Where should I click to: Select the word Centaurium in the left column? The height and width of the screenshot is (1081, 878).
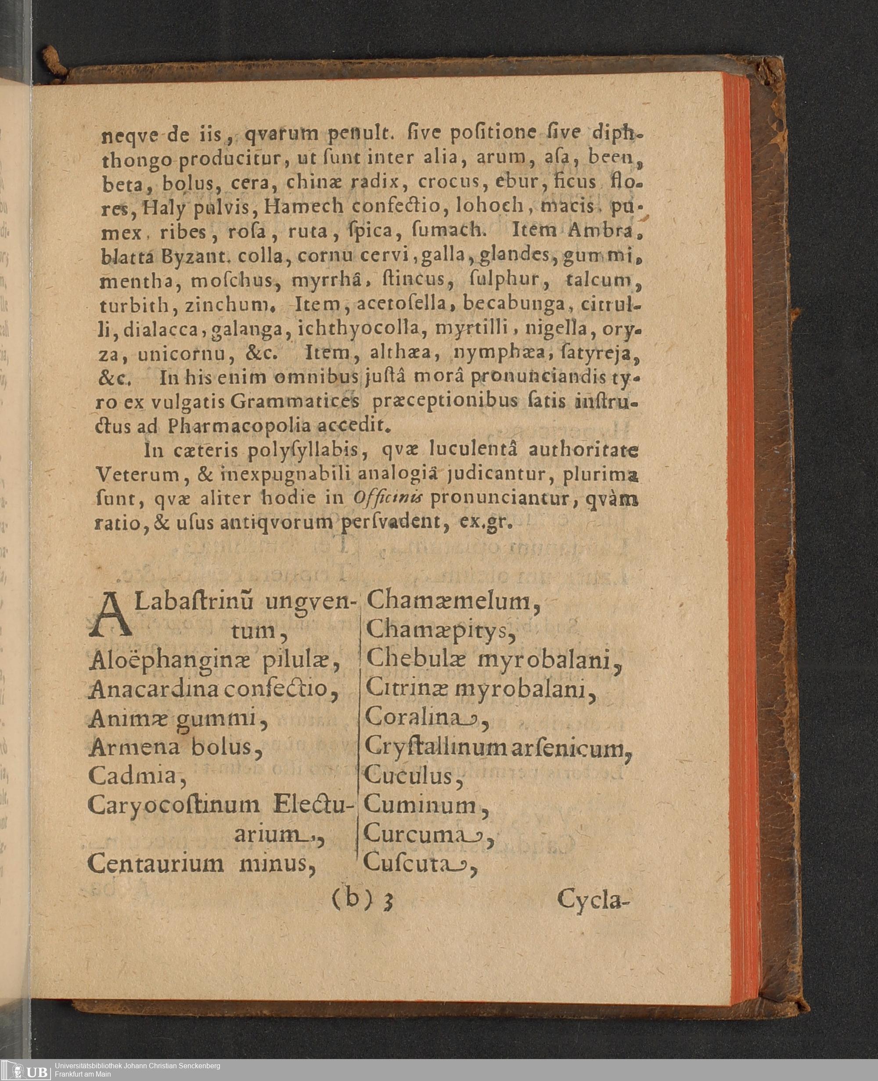pyautogui.click(x=155, y=863)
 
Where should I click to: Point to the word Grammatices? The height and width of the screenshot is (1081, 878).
pyautogui.click(x=295, y=402)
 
